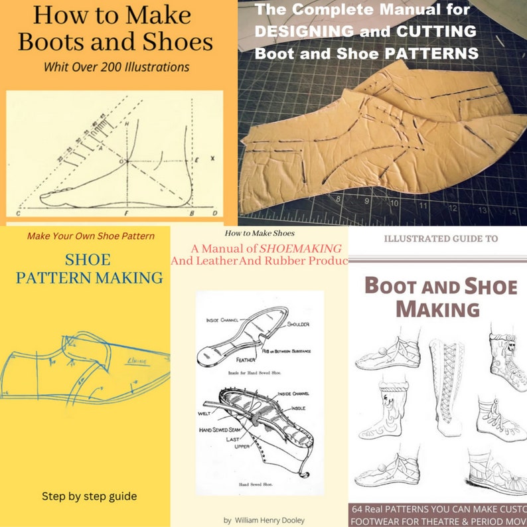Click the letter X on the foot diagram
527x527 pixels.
coord(212,159)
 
